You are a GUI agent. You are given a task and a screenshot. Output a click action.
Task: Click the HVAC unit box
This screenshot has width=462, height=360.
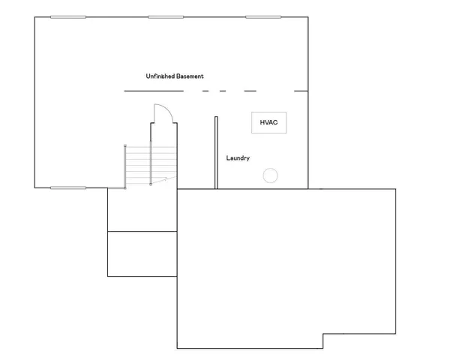268,123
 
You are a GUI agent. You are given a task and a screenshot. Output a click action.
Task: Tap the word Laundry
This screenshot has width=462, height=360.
238,158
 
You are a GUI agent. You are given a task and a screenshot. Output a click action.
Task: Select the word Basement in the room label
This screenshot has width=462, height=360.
190,76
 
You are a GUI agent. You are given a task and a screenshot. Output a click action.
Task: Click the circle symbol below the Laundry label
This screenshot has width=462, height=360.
270,175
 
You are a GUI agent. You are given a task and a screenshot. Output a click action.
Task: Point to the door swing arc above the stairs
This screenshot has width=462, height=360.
166,112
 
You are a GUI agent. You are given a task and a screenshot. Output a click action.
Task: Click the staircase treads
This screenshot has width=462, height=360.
139,165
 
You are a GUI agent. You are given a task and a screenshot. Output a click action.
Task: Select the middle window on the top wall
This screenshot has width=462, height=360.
166,16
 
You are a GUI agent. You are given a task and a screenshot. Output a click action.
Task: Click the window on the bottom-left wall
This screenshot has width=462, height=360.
67,187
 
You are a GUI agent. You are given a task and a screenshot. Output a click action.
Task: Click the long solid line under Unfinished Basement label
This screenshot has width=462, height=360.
153,91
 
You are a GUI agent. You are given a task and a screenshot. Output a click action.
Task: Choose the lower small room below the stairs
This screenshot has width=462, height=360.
142,253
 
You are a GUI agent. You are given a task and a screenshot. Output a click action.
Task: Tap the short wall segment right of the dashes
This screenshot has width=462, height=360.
301,91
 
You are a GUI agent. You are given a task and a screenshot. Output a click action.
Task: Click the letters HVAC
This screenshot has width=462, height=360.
268,122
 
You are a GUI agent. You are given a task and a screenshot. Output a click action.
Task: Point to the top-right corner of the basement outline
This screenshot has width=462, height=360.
307,16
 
